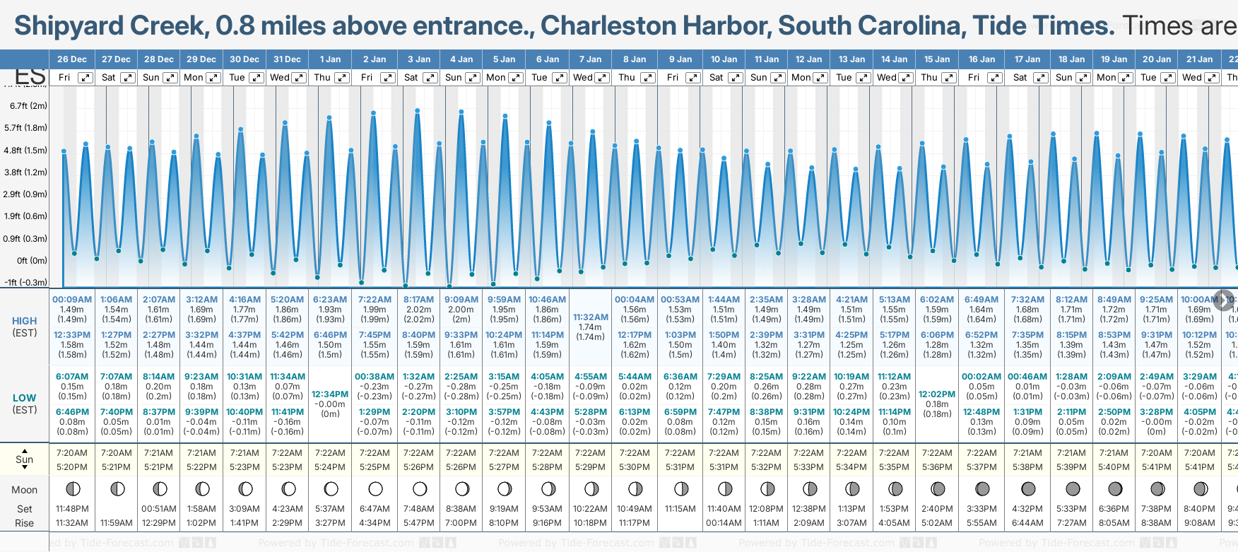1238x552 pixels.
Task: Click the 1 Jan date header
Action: coord(330,59)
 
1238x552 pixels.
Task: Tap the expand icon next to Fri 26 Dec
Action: coord(85,78)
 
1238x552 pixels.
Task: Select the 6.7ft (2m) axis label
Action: coord(29,106)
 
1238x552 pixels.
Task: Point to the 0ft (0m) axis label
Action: coord(32,260)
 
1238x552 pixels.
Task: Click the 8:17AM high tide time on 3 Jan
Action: coord(418,300)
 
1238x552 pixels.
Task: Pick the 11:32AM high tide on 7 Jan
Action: coord(590,317)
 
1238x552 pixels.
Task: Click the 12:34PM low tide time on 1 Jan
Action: coord(330,394)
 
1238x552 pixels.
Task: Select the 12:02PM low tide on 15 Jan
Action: coord(937,394)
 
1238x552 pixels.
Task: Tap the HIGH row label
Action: coord(25,321)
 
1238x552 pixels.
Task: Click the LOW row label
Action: coord(25,398)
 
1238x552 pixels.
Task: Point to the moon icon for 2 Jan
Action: coord(375,488)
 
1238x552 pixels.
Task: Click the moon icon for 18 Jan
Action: coord(1072,488)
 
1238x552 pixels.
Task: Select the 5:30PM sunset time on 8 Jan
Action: coord(634,467)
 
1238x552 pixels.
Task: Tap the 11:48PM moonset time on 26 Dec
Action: coord(72,509)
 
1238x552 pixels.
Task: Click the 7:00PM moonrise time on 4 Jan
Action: coord(461,523)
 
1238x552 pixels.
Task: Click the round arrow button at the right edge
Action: coord(1224,300)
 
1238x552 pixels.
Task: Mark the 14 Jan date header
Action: coord(895,59)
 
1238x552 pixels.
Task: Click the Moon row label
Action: coord(25,490)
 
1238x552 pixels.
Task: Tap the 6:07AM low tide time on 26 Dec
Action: coord(72,377)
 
